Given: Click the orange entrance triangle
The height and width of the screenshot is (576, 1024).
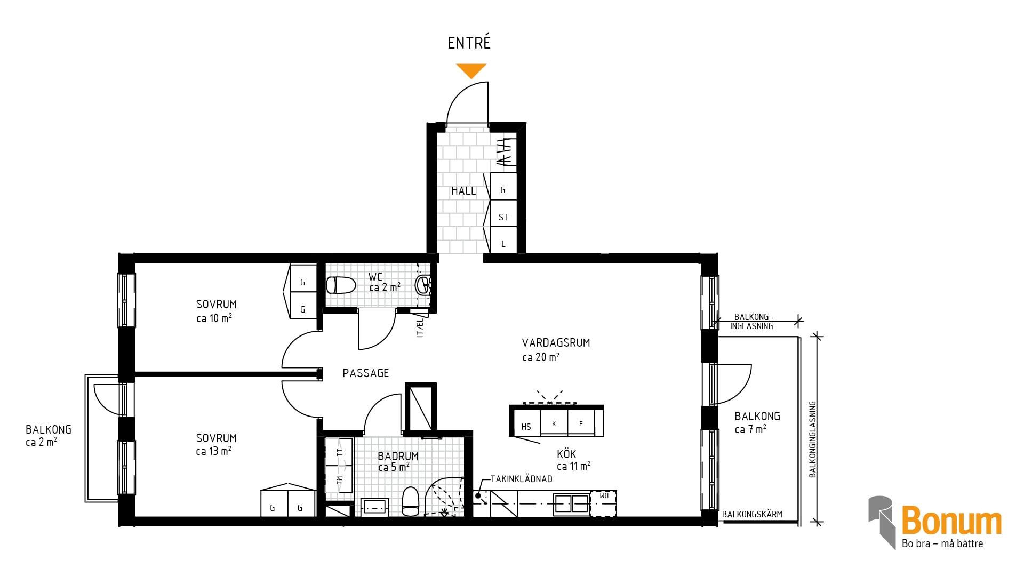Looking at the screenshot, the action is tap(471, 70).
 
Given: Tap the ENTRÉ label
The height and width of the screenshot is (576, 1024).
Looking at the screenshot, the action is tap(469, 43).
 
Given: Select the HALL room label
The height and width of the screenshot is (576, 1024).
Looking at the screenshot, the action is tap(463, 191).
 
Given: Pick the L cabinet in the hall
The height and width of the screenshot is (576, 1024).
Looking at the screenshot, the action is tap(503, 241).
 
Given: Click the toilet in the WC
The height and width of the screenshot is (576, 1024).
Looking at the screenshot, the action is tap(340, 285).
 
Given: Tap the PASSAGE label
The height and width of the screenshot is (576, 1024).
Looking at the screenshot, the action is tap(365, 373).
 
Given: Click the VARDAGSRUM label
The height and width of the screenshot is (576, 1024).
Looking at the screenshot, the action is tap(556, 343).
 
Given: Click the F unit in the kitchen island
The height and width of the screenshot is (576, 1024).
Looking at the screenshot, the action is tap(581, 423).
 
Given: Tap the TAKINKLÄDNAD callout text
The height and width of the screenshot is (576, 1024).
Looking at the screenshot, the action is tap(521, 479).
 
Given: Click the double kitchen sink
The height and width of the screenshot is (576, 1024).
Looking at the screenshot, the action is tap(571, 503).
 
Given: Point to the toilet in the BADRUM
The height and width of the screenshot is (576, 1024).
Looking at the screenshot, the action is tap(410, 501).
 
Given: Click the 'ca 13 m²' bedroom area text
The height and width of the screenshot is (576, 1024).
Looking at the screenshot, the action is tap(213, 451).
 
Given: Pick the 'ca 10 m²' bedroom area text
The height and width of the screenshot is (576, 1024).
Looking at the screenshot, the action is tap(214, 318).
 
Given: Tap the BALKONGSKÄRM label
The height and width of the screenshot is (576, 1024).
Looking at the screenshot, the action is tap(752, 514).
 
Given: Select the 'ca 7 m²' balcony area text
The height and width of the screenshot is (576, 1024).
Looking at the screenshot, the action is tap(750, 429).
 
